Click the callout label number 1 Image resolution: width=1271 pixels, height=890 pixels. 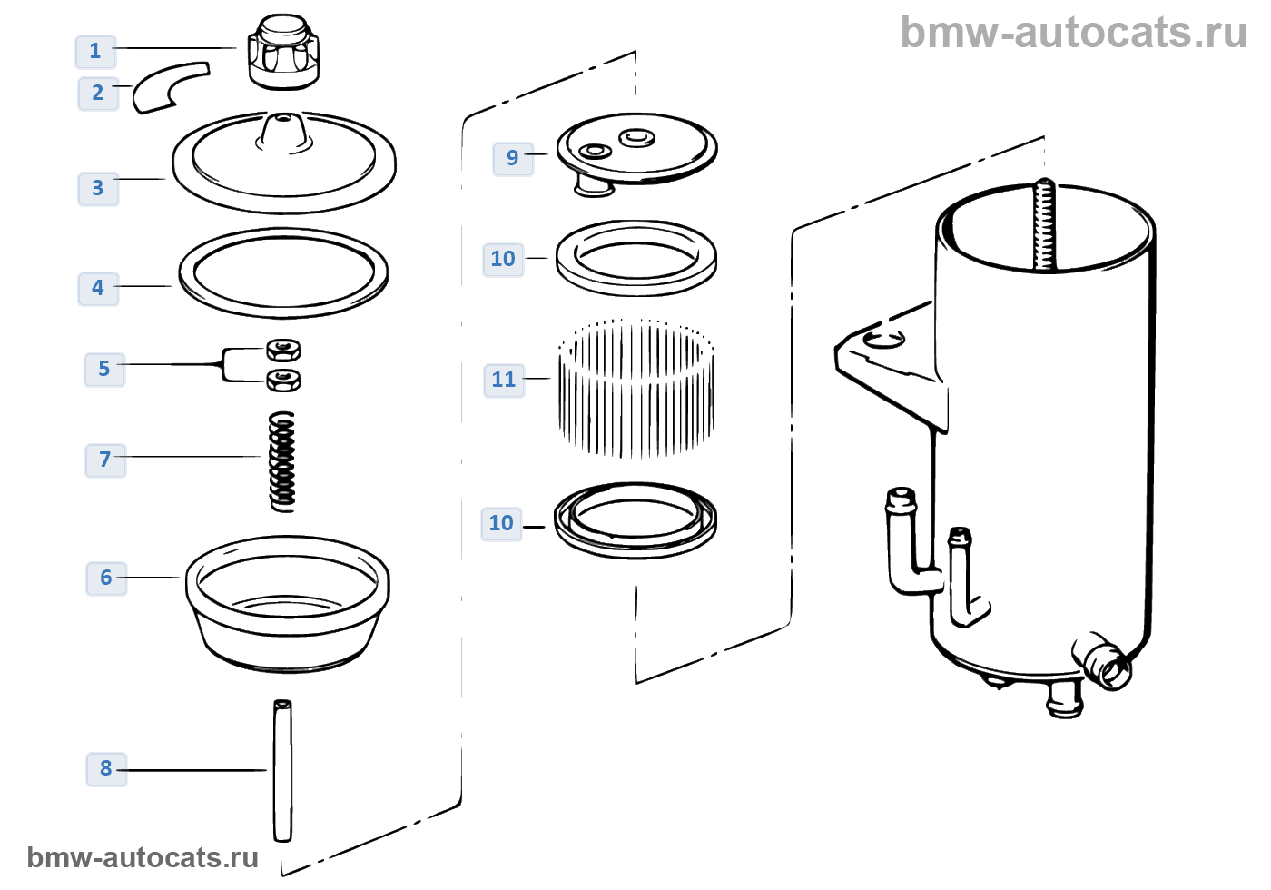(95, 51)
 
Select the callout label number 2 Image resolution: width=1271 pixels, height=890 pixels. (98, 93)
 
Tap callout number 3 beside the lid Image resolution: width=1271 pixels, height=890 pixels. (98, 188)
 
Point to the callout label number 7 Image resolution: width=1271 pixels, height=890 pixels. (105, 460)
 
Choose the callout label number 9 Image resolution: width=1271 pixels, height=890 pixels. (513, 158)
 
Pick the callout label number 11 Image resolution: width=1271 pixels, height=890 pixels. (504, 380)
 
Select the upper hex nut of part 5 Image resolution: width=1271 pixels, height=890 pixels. (284, 349)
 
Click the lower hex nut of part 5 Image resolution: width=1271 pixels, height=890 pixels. (284, 380)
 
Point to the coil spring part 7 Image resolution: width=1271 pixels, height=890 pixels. (283, 461)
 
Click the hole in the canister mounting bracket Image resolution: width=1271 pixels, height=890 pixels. (883, 340)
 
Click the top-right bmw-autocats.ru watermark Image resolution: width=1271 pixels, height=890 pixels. (1073, 33)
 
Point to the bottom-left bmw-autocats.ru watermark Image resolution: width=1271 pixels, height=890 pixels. (143, 857)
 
